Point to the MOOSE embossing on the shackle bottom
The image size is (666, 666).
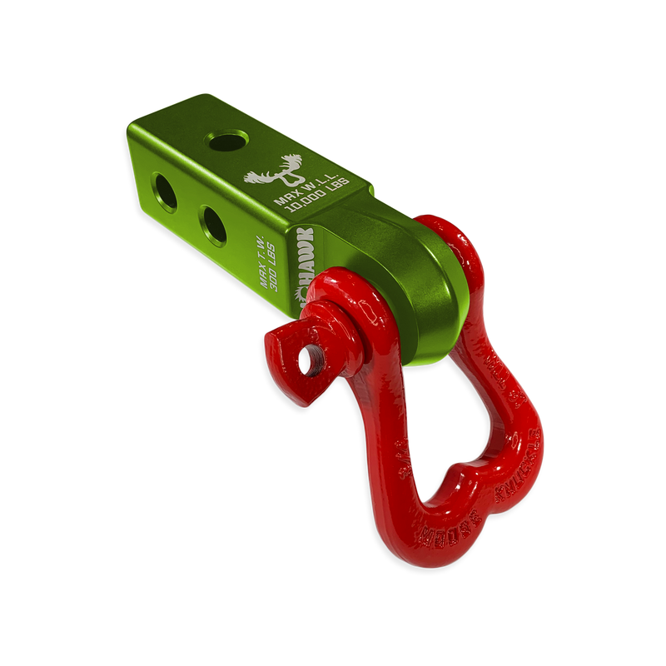coord(445,533)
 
